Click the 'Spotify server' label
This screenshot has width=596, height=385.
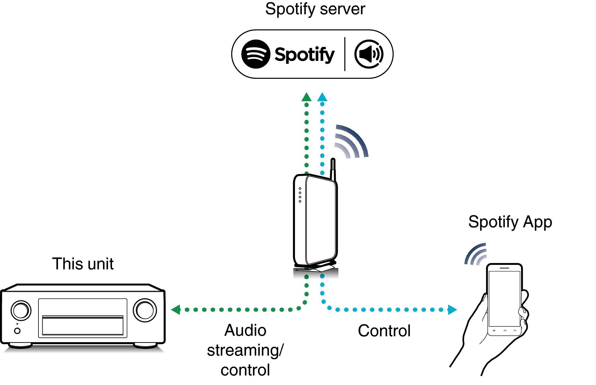tap(315, 9)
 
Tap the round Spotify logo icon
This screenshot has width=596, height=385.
tap(256, 54)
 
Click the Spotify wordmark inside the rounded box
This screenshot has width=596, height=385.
tap(304, 55)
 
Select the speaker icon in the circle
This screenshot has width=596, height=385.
tap(369, 54)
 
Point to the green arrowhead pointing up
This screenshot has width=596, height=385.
tap(306, 97)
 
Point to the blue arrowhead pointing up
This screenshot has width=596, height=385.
tap(322, 97)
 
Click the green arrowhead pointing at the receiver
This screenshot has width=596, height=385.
tap(176, 310)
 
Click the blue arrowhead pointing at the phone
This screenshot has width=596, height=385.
tap(452, 310)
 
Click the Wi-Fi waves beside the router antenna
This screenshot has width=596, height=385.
tap(351, 142)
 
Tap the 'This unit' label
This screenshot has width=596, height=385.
tap(83, 264)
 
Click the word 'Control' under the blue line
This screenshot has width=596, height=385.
tap(384, 331)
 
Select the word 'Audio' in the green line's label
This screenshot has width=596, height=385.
tap(245, 330)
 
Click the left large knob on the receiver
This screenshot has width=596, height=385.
tap(21, 310)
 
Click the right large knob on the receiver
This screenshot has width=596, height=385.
tap(145, 310)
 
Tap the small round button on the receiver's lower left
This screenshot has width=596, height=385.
tap(17, 331)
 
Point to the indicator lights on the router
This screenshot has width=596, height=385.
tap(300, 195)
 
